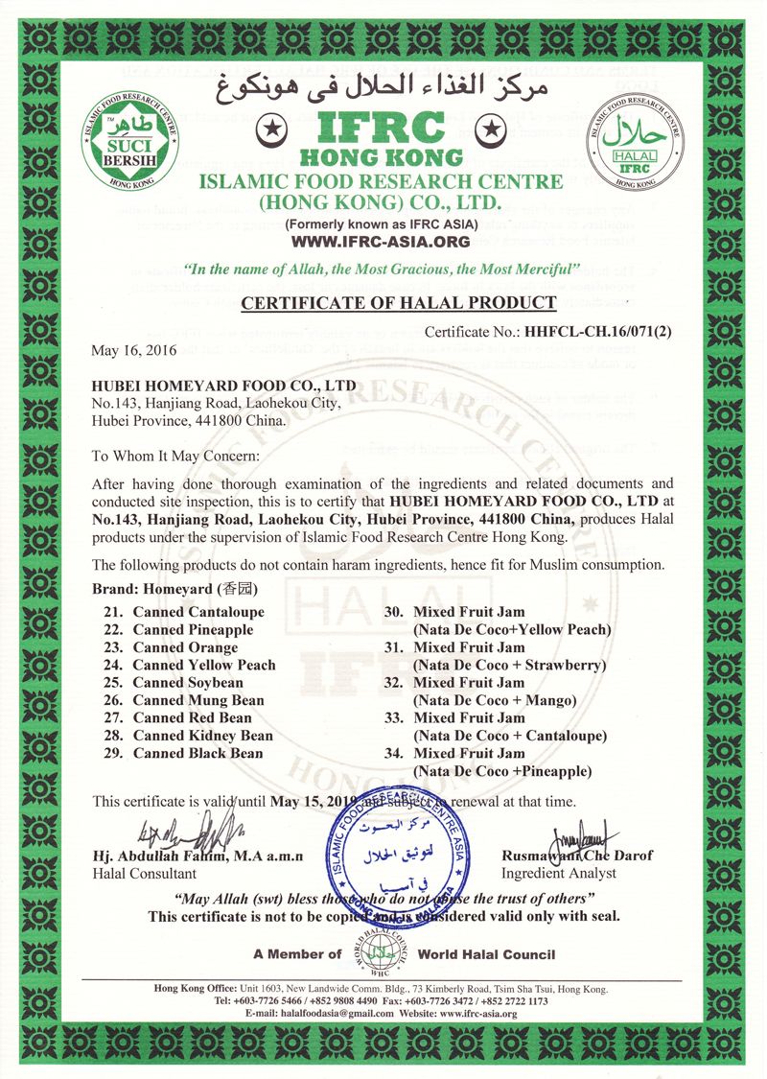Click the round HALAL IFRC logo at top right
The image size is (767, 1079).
(x=636, y=141)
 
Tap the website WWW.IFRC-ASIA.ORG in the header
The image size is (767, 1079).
(x=383, y=242)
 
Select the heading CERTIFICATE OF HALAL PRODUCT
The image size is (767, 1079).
(x=398, y=304)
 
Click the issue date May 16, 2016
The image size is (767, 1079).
(x=133, y=351)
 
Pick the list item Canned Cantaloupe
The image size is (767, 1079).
(x=198, y=612)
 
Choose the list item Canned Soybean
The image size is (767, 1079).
(x=188, y=683)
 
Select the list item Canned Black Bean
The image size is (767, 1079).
(x=198, y=754)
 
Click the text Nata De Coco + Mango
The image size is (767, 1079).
(x=493, y=700)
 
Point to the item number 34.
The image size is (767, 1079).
(x=393, y=753)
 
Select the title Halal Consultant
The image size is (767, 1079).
(x=144, y=874)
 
